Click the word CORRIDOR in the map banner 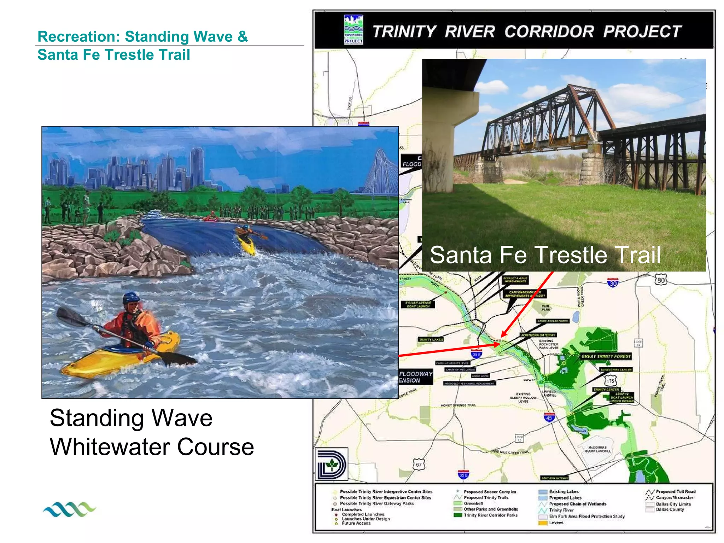pos(549,31)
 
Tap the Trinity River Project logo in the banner pos(354,29)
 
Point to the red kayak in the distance pos(211,216)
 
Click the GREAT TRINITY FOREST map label pos(606,356)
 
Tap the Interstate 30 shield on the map pos(613,283)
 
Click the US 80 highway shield pos(661,280)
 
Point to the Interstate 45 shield pos(549,418)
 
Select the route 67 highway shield pos(419,465)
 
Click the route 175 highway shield pos(610,381)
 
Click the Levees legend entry pos(556,522)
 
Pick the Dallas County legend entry pos(670,509)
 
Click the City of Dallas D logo pos(331,464)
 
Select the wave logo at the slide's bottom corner pos(69,509)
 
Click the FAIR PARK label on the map pos(545,308)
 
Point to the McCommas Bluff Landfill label pos(597,449)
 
